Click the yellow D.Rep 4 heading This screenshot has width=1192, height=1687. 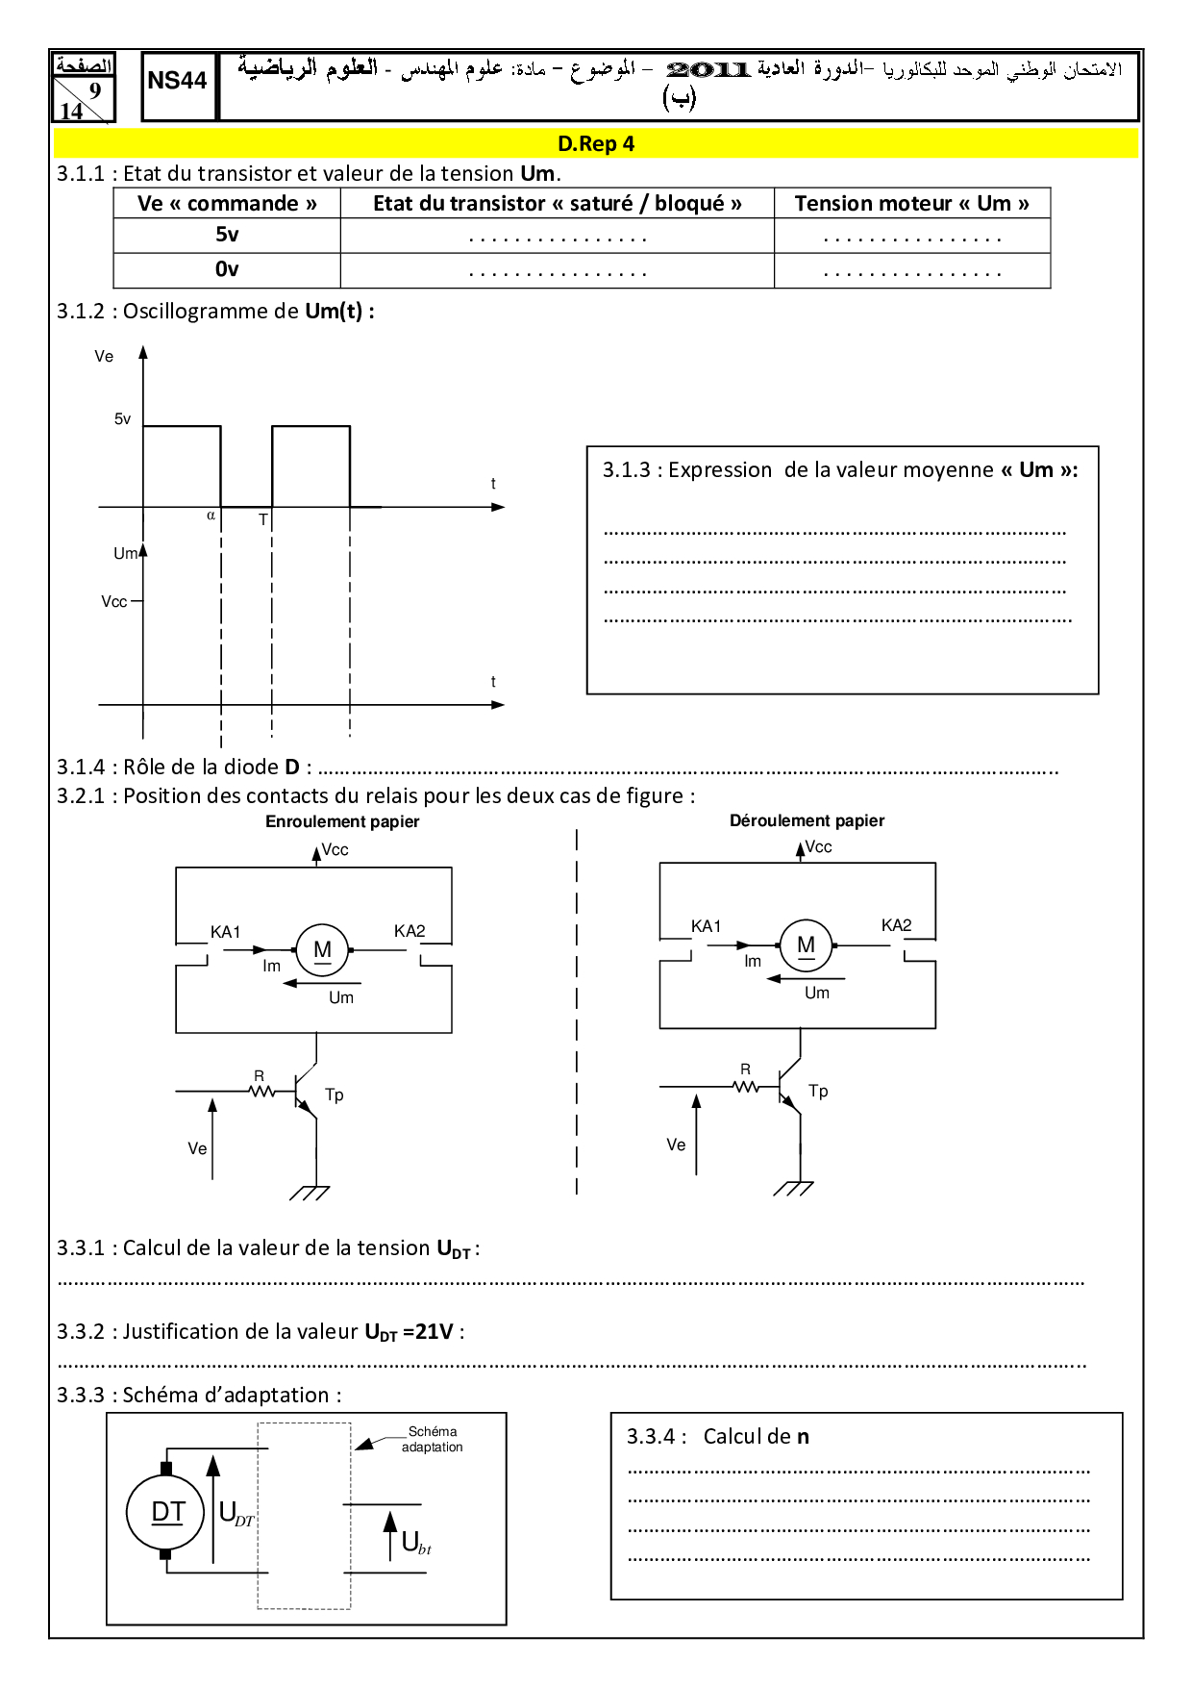click(x=596, y=144)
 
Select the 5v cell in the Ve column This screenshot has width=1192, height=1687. click(x=227, y=235)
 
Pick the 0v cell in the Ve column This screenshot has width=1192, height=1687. click(x=227, y=269)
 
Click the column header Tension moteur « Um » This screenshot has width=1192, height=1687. click(x=911, y=204)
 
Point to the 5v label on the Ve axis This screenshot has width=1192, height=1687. click(x=122, y=419)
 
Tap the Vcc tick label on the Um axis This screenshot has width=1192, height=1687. click(x=113, y=602)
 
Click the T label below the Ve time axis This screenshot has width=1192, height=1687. click(x=263, y=520)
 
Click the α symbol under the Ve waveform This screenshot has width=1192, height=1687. click(x=211, y=516)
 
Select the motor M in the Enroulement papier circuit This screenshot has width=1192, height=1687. click(x=322, y=950)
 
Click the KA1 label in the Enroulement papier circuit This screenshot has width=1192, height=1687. click(x=226, y=932)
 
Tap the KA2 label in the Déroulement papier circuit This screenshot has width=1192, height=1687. click(x=896, y=925)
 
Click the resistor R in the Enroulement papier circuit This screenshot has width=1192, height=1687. click(x=260, y=1091)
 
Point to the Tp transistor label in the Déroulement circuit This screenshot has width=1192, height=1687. click(x=818, y=1091)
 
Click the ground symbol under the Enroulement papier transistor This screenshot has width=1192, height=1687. click(x=310, y=1193)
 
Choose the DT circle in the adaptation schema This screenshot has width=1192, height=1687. click(x=166, y=1512)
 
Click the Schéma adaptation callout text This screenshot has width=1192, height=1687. click(x=432, y=1440)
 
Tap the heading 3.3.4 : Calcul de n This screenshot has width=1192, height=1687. click(x=718, y=1437)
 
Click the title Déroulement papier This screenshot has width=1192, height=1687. click(x=807, y=820)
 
